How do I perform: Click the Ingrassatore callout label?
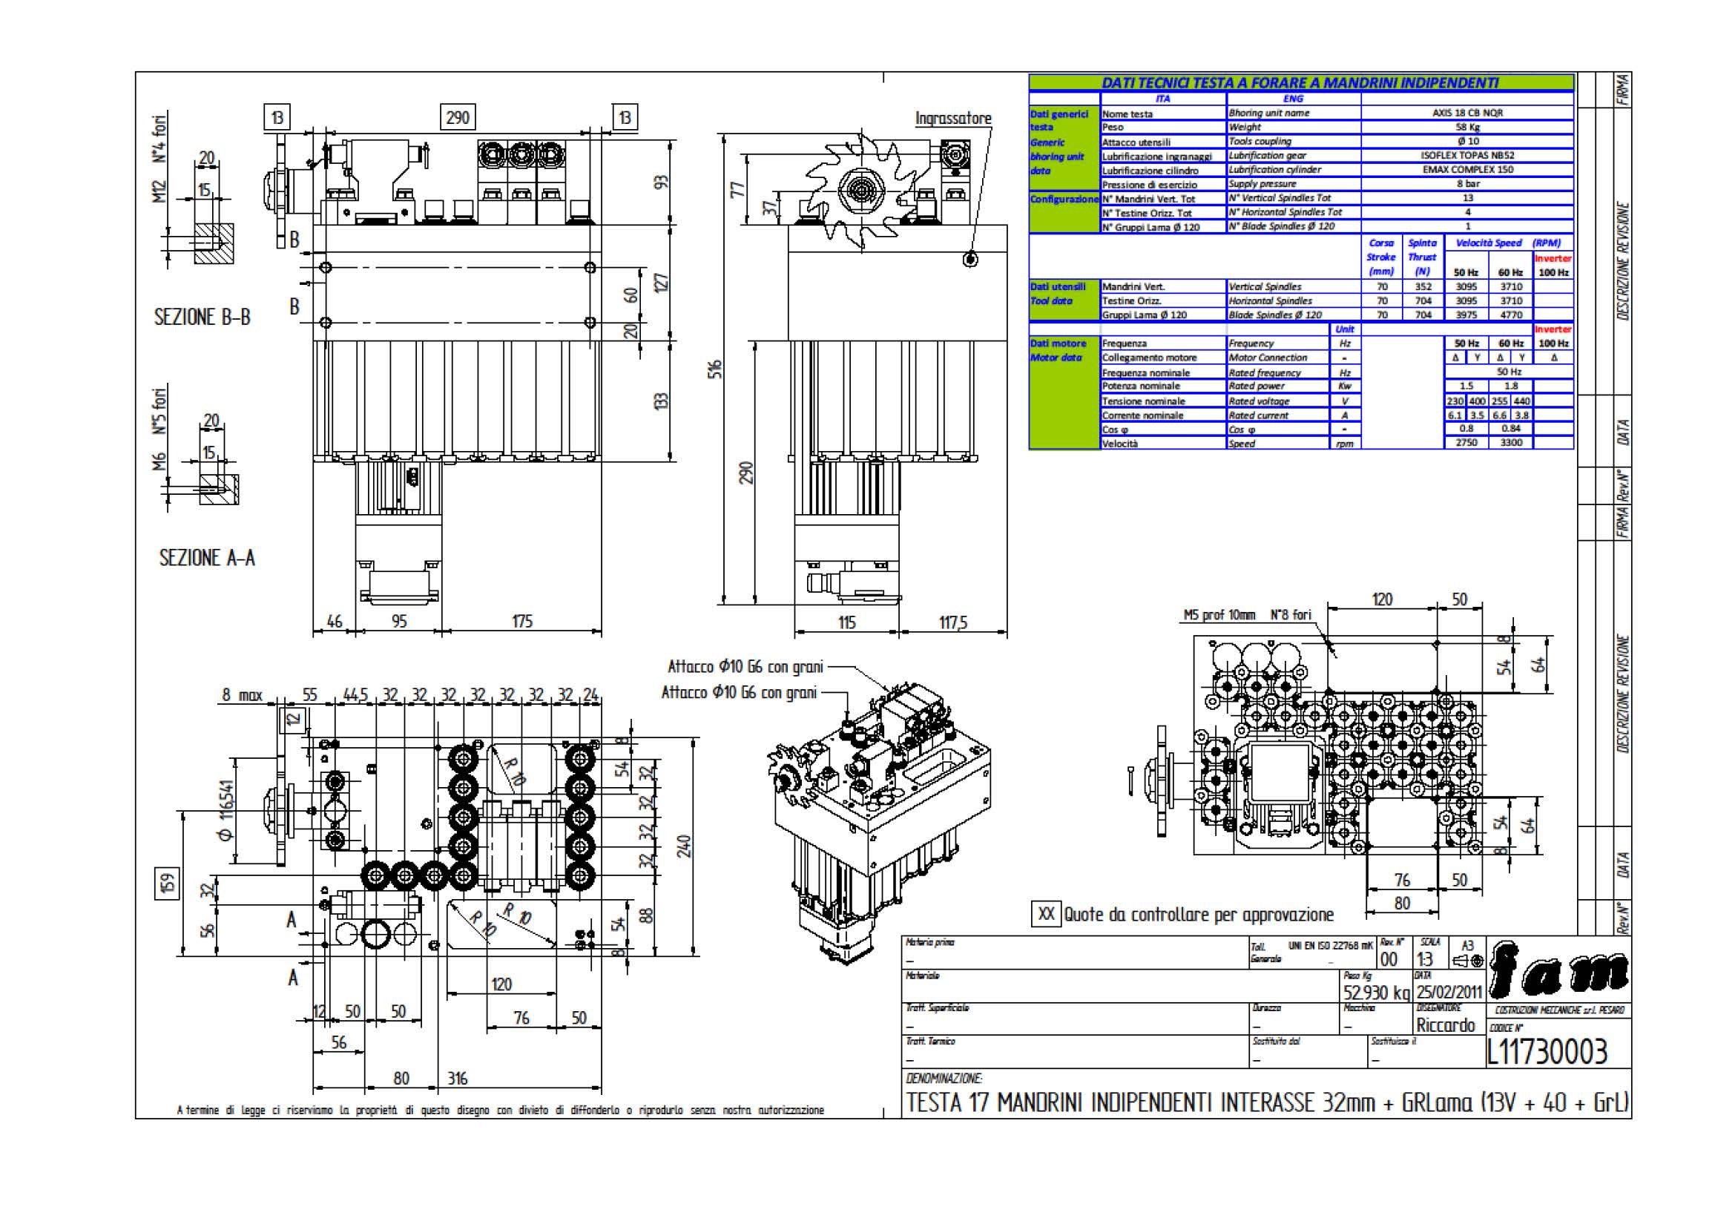click(x=952, y=119)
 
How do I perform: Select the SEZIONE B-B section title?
click(x=202, y=318)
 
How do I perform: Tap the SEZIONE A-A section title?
click(x=206, y=559)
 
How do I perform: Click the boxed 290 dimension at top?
click(x=457, y=118)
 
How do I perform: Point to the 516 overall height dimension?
click(x=715, y=369)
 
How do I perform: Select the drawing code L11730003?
click(x=1546, y=1052)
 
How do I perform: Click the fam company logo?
click(x=1560, y=973)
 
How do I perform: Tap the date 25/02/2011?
click(x=1449, y=992)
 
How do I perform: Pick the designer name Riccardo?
click(x=1445, y=1025)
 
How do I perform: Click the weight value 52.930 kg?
click(x=1376, y=993)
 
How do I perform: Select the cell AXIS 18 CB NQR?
click(x=1467, y=113)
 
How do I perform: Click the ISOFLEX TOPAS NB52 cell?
click(x=1467, y=155)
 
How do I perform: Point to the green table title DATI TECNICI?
click(x=1300, y=82)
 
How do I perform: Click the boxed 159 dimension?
click(x=168, y=884)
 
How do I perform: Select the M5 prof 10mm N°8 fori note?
click(x=1247, y=615)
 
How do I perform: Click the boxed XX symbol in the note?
click(x=1046, y=914)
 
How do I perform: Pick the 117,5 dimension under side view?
click(x=953, y=623)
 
